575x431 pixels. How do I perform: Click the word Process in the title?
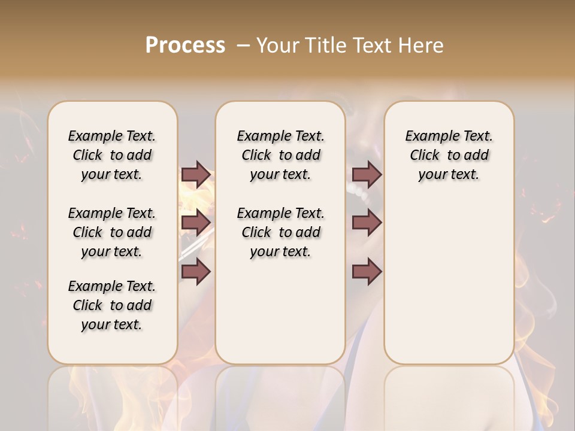click(x=185, y=45)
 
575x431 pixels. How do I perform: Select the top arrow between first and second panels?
click(x=196, y=175)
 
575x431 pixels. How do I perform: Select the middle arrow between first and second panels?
click(x=196, y=223)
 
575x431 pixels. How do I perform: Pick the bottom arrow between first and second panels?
click(x=196, y=272)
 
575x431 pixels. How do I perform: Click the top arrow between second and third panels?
click(x=367, y=175)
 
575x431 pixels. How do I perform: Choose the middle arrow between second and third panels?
click(x=367, y=223)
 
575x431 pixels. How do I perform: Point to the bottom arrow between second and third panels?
click(x=367, y=272)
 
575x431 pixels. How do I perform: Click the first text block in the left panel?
click(x=112, y=155)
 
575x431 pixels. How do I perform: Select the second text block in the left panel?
click(x=112, y=232)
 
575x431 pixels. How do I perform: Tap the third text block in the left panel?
click(x=112, y=305)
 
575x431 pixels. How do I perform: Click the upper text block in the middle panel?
click(x=280, y=155)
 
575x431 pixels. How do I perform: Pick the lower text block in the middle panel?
click(x=280, y=232)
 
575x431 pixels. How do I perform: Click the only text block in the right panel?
click(x=449, y=155)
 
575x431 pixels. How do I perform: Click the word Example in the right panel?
click(x=427, y=136)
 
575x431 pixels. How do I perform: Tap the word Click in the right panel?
click(x=425, y=156)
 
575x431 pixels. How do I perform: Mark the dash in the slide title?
click(x=243, y=45)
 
